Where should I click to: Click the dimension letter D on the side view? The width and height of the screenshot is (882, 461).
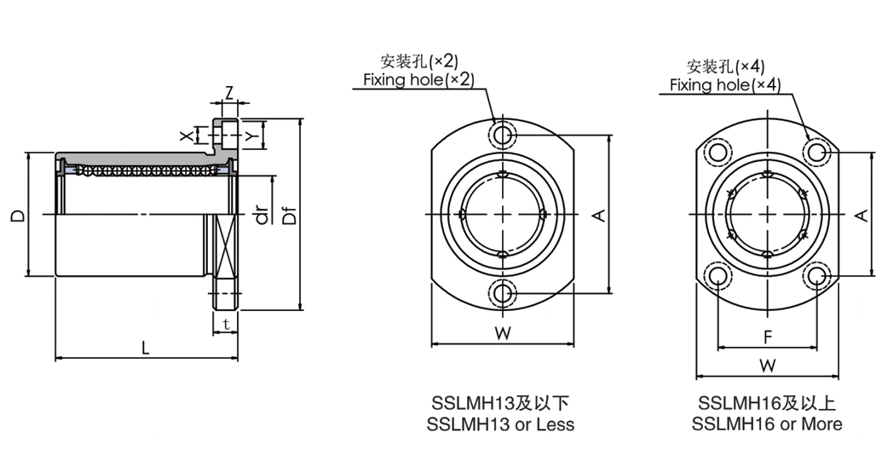tap(17, 215)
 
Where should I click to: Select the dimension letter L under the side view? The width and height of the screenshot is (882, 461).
tap(146, 348)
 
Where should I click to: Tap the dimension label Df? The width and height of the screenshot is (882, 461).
tap(290, 216)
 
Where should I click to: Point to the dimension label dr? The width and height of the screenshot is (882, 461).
tap(262, 216)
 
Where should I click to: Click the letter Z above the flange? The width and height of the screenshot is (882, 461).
tap(228, 91)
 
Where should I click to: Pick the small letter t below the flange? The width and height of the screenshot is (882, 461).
tap(225, 324)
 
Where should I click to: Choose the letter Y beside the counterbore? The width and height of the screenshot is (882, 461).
tap(251, 135)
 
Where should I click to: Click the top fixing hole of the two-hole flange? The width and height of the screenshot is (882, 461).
tap(504, 135)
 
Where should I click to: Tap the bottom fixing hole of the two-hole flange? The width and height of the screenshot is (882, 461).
tap(504, 294)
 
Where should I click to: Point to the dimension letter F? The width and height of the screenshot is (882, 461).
tap(767, 337)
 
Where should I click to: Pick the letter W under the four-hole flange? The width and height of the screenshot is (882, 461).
tap(768, 366)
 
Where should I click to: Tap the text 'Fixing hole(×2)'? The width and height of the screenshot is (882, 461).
tap(418, 79)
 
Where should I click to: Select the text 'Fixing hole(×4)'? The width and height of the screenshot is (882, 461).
tap(724, 84)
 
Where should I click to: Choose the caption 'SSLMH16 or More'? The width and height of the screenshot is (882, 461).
tap(767, 424)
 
